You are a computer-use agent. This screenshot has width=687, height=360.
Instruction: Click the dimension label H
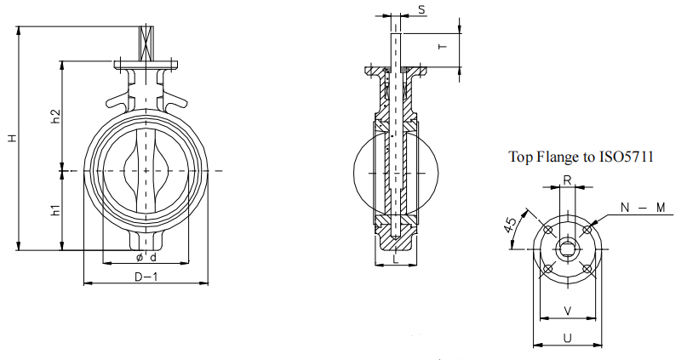click(13, 138)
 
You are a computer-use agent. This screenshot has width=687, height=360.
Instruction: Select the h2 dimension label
click(55, 116)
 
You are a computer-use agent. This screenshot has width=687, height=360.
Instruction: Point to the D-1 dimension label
click(146, 277)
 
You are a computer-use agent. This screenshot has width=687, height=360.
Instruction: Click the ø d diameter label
click(146, 257)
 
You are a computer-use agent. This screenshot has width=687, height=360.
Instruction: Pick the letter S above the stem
click(421, 9)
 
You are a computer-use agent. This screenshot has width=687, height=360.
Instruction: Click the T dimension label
click(443, 47)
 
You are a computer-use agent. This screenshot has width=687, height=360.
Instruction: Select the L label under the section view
click(396, 260)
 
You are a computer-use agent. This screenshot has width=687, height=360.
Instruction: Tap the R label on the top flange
click(567, 180)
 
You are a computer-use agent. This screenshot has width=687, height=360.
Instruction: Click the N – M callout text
click(644, 207)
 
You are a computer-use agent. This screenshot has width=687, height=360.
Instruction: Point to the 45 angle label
click(511, 225)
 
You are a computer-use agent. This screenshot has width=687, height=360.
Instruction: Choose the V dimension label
click(567, 311)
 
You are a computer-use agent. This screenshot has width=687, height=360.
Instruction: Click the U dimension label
click(567, 339)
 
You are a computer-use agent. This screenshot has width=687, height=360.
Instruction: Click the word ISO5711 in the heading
click(627, 157)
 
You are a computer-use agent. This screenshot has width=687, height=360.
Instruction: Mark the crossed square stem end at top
click(146, 43)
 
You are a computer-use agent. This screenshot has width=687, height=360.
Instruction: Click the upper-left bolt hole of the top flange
click(547, 230)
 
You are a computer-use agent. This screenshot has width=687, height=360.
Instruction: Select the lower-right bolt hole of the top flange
click(587, 269)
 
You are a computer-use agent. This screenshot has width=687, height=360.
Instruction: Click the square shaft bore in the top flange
click(567, 249)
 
